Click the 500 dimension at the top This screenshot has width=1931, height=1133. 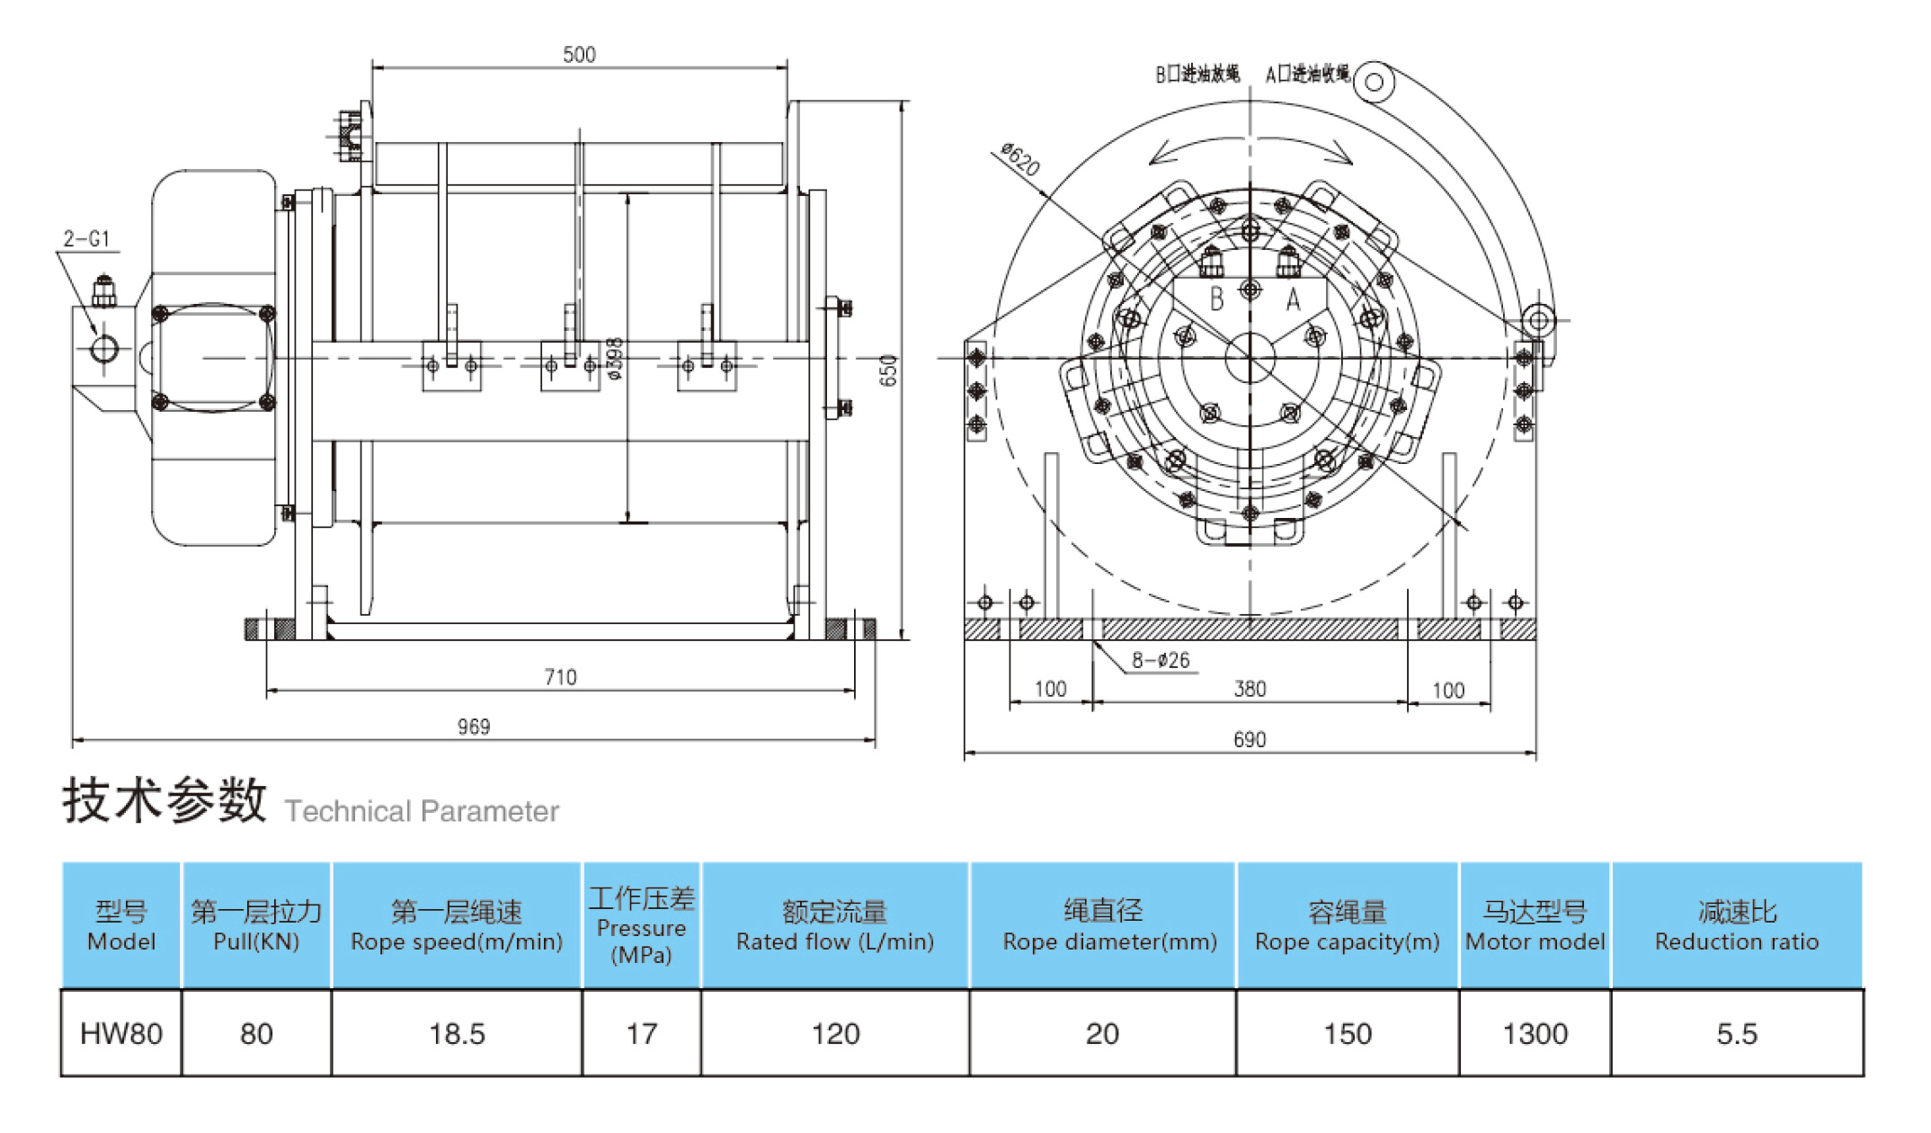click(x=579, y=55)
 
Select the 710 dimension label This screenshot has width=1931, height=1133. click(x=560, y=677)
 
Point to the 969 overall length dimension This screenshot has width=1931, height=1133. click(x=474, y=727)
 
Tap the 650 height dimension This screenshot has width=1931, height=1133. click(x=888, y=370)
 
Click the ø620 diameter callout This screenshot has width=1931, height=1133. click(x=1020, y=160)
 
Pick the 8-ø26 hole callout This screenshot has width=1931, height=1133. click(x=1161, y=661)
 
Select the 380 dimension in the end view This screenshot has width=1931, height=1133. click(x=1250, y=689)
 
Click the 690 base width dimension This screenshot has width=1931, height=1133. click(x=1250, y=739)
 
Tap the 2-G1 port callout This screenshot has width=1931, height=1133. click(x=86, y=239)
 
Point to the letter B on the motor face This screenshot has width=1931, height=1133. click(x=1216, y=299)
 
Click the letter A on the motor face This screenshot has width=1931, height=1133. click(x=1293, y=299)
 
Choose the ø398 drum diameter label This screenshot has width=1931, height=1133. click(x=615, y=359)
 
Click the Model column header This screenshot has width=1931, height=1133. click(x=121, y=926)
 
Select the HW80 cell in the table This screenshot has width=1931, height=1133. click(x=121, y=1034)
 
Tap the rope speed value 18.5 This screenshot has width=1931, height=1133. click(x=457, y=1034)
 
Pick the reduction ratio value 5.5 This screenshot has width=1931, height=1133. click(x=1736, y=1034)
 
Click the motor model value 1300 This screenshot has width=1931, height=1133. click(x=1535, y=1034)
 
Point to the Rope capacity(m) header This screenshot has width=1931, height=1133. click(x=1347, y=941)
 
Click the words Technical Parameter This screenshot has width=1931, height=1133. click(x=422, y=811)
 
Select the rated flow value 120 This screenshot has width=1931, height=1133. click(x=835, y=1034)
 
